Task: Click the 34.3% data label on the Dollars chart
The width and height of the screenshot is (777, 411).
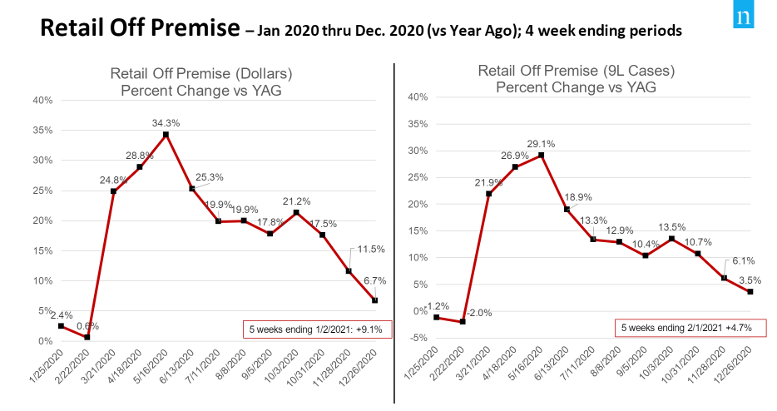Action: tap(166, 123)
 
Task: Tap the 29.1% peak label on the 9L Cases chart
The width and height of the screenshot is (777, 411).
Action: tap(542, 143)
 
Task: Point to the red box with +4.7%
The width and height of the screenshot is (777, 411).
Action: tap(685, 328)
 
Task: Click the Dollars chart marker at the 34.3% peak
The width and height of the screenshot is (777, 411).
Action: tap(166, 135)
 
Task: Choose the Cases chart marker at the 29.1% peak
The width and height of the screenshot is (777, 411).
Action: tap(542, 155)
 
